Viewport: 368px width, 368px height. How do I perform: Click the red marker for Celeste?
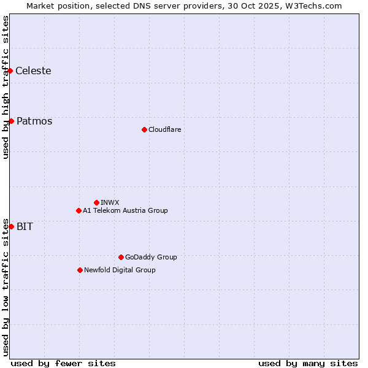10,71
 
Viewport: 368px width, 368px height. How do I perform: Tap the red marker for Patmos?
11,121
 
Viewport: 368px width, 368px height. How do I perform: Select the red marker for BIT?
11,226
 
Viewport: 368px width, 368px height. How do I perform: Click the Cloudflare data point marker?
144,129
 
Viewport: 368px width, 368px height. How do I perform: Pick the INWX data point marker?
96,202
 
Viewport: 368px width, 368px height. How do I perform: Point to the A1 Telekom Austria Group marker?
79,210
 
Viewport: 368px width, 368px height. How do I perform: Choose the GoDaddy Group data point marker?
121,257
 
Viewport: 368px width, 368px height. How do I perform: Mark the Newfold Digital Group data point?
80,270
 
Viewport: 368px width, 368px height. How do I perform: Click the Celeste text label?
33,71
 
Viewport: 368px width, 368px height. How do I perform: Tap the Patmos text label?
34,121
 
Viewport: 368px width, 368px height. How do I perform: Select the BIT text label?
25,226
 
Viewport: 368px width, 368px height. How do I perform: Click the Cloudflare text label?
164,129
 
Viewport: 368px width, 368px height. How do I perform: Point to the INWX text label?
110,202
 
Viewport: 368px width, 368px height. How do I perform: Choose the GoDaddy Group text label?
151,257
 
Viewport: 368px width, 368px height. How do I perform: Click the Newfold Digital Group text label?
120,270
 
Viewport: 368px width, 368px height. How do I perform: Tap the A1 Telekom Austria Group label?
125,210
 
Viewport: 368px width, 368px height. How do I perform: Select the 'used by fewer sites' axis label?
63,363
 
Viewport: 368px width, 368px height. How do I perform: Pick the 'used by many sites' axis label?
308,363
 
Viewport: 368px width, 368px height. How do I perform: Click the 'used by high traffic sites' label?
6,87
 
